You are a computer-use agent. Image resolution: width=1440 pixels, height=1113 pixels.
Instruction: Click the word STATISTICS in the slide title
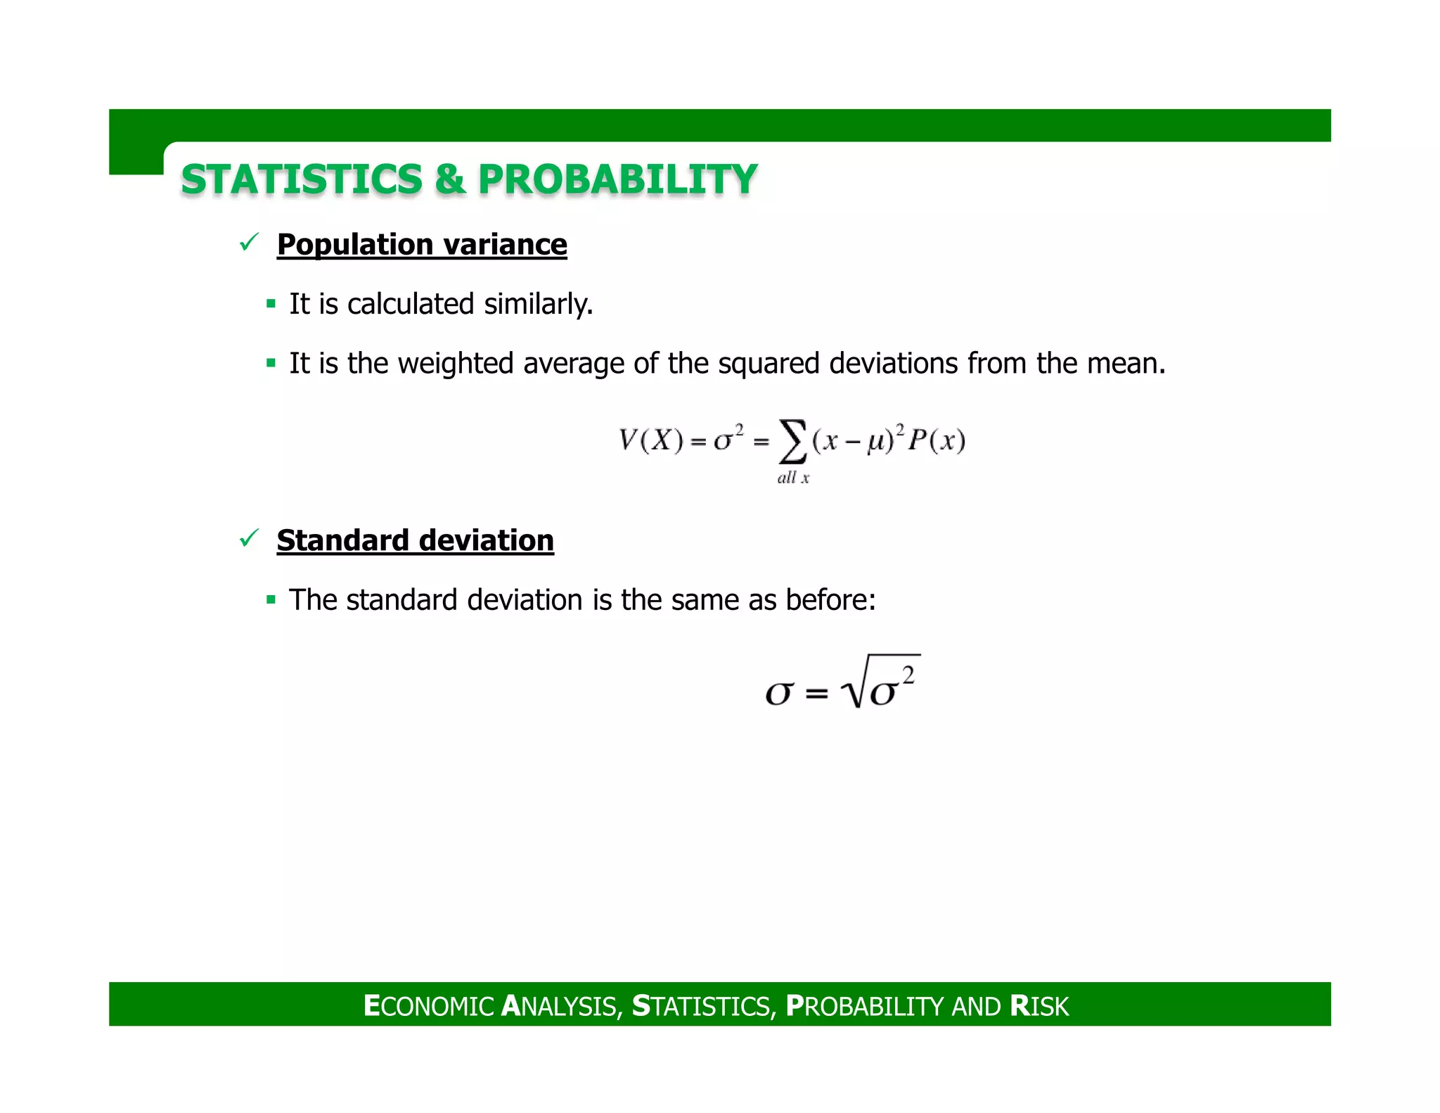(301, 179)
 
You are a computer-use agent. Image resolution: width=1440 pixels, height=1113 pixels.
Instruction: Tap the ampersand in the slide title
(450, 179)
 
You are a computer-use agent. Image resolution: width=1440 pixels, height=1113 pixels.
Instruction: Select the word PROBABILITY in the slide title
(617, 179)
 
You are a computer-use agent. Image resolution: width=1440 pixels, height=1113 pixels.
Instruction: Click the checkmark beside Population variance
(249, 243)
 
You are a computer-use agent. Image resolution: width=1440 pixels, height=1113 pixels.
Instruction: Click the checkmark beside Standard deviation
(249, 539)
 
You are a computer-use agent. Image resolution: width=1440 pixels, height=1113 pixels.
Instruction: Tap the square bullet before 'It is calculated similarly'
(271, 305)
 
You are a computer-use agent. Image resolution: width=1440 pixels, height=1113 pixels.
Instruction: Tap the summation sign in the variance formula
(792, 441)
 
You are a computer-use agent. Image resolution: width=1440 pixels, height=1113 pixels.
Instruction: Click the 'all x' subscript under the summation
(793, 478)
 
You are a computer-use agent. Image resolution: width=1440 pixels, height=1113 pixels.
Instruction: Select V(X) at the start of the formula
(650, 441)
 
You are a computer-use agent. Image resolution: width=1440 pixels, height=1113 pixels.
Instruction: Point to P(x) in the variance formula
(937, 441)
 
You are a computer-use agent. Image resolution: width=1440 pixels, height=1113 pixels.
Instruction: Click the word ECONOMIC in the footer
(429, 1006)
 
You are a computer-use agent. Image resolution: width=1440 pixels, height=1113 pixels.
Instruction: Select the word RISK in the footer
(1039, 1006)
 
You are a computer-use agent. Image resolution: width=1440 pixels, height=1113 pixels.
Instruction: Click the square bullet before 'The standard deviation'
(271, 601)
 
